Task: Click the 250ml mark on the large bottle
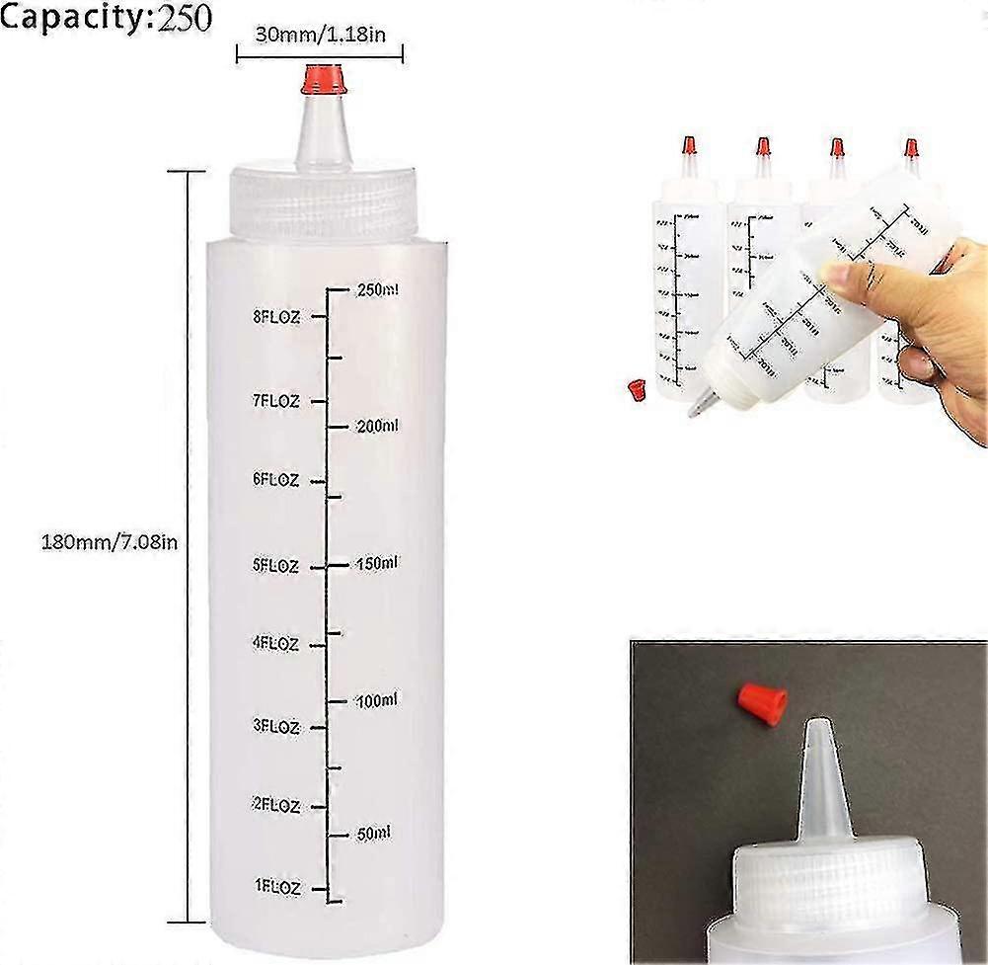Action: [377, 290]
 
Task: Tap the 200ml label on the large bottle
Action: [377, 426]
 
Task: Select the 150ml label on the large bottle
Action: [377, 564]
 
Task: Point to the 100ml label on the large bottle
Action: [377, 701]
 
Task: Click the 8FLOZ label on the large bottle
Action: [275, 317]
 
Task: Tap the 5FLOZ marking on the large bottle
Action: [275, 566]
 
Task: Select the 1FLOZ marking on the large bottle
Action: [275, 887]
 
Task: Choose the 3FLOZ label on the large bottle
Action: [275, 726]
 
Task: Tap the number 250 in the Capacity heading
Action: [180, 19]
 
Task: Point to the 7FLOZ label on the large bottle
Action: [275, 401]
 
